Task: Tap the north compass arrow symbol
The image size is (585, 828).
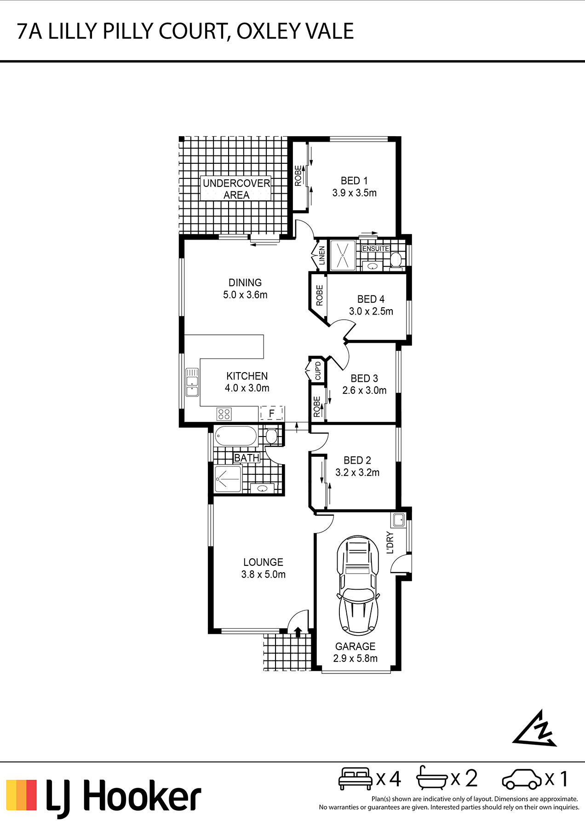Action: point(535,728)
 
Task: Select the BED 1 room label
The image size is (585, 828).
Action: point(354,181)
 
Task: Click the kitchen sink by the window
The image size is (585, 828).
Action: point(192,382)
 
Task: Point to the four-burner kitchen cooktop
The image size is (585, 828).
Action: point(224,414)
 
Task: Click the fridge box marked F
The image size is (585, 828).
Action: point(272,413)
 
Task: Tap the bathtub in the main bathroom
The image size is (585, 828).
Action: point(235,436)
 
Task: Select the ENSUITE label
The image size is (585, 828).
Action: point(376,248)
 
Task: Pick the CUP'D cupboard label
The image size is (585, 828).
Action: point(318,371)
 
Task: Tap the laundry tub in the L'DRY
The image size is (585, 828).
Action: point(398,520)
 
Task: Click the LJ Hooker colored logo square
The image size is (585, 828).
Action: point(21,795)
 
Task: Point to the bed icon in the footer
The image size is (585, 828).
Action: point(355,778)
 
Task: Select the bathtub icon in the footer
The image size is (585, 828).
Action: point(432,778)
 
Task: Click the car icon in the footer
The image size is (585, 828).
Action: point(522,779)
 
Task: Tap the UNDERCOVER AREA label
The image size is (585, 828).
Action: point(236,189)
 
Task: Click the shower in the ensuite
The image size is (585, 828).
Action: point(343,255)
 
